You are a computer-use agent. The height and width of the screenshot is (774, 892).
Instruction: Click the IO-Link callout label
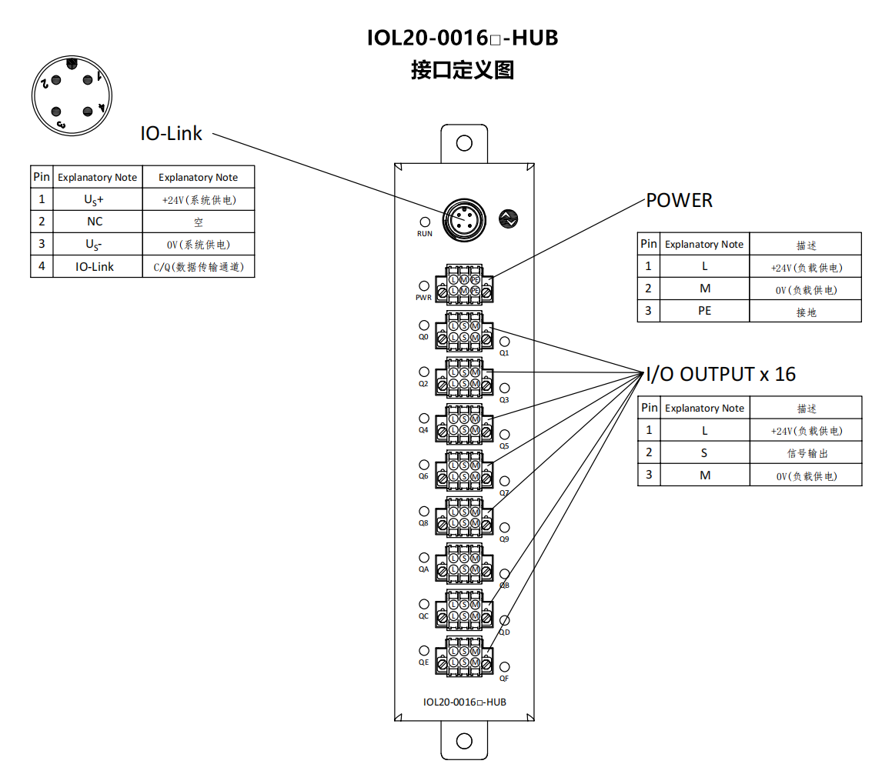pos(171,133)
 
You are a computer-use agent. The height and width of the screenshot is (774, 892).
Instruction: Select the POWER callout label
pos(680,201)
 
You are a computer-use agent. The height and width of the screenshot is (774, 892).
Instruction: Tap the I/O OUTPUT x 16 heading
pos(720,375)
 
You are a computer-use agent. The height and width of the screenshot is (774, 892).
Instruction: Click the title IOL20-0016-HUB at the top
pos(463,37)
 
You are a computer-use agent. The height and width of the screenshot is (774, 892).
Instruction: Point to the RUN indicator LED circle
pos(424,222)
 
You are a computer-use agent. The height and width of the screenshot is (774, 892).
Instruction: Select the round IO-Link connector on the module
pos(463,219)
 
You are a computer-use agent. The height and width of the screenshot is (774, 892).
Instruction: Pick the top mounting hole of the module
pos(464,143)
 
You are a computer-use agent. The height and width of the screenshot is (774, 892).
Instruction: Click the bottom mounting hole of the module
pos(464,741)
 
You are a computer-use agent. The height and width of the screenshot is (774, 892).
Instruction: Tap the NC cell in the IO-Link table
pos(95,222)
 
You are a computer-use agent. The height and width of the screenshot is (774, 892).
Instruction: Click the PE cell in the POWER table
pos(704,311)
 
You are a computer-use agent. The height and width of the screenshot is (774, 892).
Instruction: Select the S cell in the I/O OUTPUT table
pos(704,453)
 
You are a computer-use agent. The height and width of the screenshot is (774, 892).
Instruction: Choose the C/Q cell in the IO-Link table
pos(198,267)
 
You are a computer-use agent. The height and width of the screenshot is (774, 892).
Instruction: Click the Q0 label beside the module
pos(423,337)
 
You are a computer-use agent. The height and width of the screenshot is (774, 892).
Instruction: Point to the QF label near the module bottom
pos(504,679)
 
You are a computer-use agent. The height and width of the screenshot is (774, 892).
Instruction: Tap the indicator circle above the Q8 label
pos(424,511)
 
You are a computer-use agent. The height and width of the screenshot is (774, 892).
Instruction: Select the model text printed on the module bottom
pos(464,702)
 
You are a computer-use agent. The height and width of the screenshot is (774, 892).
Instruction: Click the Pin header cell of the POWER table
pos(649,244)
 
